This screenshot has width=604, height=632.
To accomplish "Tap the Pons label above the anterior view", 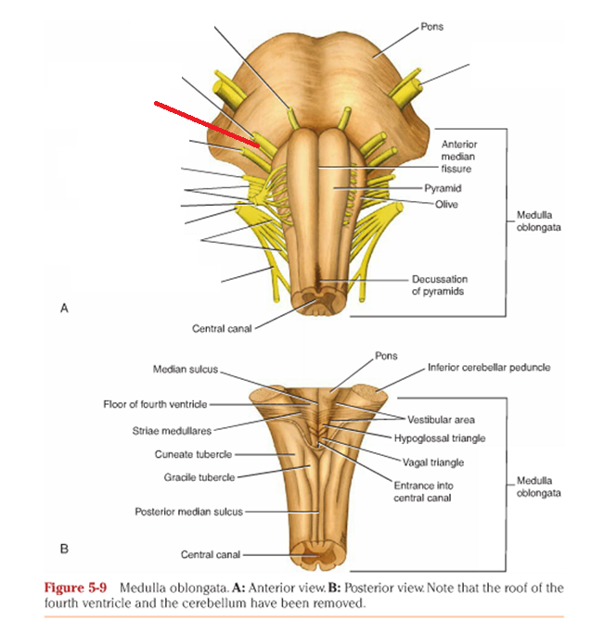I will (x=431, y=27).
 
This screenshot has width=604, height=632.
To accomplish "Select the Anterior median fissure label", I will (x=457, y=157).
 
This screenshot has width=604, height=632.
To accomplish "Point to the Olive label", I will (x=447, y=204).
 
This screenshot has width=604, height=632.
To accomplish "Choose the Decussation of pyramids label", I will (x=439, y=285).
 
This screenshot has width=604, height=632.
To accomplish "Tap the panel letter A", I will (x=64, y=309).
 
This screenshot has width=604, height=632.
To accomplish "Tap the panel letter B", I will (x=64, y=549).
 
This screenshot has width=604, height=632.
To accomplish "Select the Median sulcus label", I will (x=186, y=369).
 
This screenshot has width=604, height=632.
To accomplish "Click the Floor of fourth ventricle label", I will (x=155, y=404).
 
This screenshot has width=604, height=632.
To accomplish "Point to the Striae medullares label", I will (x=172, y=430).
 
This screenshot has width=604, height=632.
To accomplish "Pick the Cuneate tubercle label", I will (x=193, y=454).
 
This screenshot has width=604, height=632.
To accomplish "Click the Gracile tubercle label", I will (x=199, y=477).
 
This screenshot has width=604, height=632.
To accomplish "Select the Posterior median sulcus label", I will (x=190, y=511).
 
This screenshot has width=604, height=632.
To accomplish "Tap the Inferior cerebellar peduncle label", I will (x=488, y=367).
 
